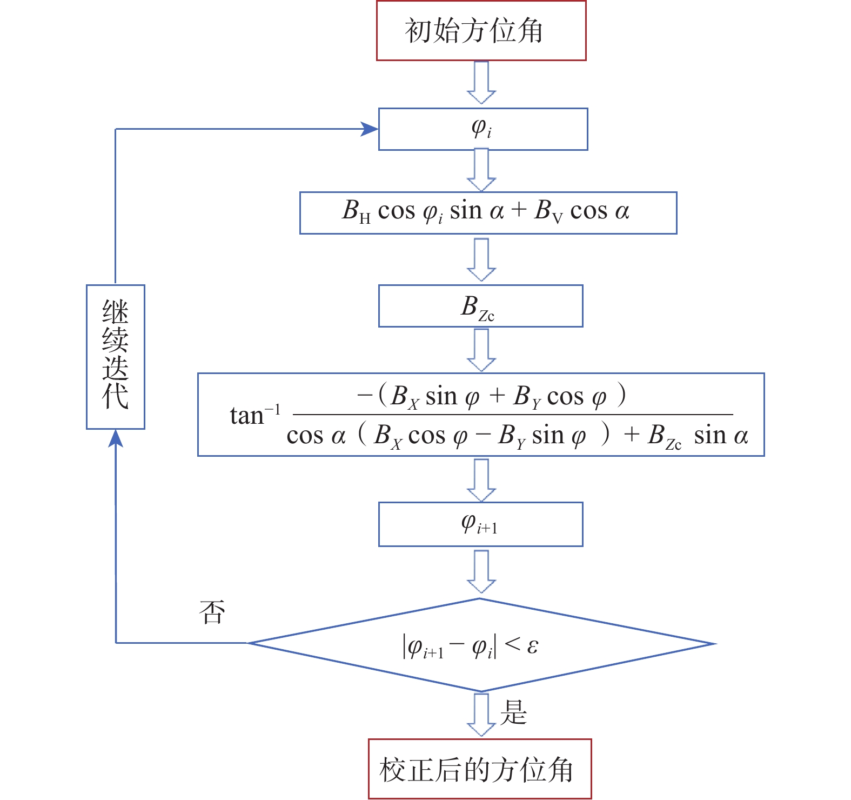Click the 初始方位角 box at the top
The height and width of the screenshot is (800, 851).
click(x=481, y=31)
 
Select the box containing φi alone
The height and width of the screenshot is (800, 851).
click(x=483, y=129)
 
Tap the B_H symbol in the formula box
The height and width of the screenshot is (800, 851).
click(x=355, y=211)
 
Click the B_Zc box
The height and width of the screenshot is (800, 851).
click(x=480, y=306)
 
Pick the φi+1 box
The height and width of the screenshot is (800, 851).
click(x=480, y=524)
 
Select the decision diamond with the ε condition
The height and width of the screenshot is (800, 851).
click(x=480, y=644)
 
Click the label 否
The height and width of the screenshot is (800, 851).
click(x=212, y=612)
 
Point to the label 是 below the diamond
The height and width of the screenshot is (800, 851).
click(x=513, y=712)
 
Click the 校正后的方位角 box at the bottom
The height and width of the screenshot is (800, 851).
click(x=480, y=769)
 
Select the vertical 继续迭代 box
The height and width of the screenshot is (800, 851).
click(x=116, y=357)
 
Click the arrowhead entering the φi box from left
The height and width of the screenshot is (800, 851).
click(x=370, y=129)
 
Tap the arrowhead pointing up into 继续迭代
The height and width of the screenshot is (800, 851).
click(x=116, y=438)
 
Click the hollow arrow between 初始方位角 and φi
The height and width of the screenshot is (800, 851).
click(x=481, y=83)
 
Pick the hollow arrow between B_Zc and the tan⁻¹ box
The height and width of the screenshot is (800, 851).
click(x=481, y=350)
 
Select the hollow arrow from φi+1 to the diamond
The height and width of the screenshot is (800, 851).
click(x=481, y=572)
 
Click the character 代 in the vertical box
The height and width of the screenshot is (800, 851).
click(x=116, y=396)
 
